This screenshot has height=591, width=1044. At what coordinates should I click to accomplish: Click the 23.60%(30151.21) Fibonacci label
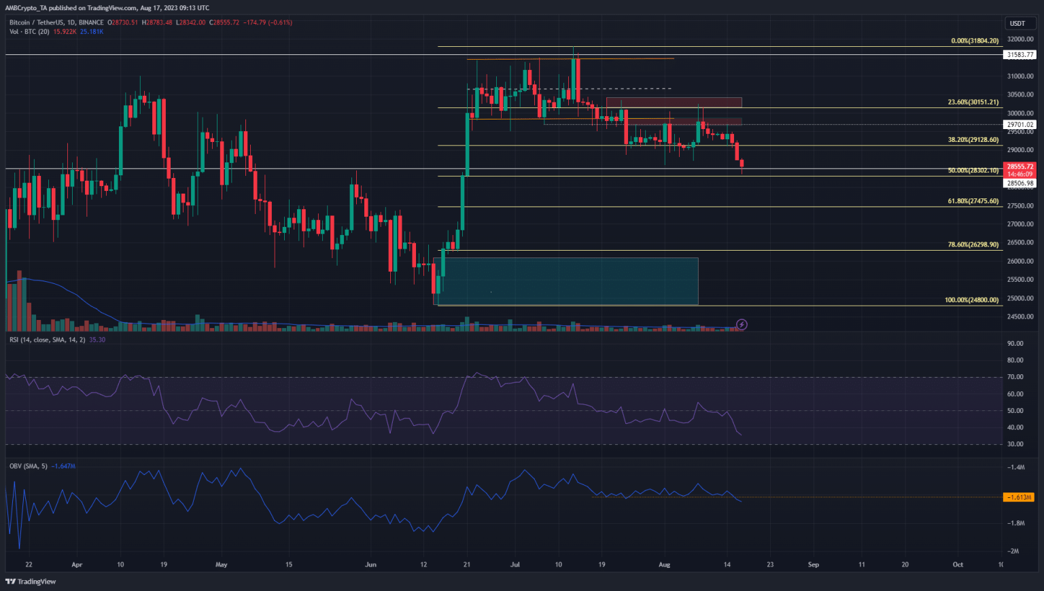coord(973,103)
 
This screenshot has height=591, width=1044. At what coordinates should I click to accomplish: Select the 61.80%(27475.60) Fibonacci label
coord(973,201)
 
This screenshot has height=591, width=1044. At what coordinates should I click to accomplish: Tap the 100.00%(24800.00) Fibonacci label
coord(971,300)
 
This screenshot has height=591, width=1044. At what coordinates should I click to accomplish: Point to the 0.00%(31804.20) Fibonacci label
coord(975,41)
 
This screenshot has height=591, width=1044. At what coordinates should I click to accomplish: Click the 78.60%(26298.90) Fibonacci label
coord(973,245)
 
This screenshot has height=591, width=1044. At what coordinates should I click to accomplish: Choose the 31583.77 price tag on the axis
coord(1020,54)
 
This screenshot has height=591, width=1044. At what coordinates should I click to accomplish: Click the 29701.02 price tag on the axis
coord(1020,124)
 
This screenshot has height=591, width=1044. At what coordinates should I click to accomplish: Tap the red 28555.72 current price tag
coord(1020,166)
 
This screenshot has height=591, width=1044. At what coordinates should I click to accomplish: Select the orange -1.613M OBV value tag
coord(1019,497)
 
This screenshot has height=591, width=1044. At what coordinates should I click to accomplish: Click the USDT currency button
coord(1017,23)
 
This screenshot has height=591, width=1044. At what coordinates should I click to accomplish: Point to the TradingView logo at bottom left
coord(31,581)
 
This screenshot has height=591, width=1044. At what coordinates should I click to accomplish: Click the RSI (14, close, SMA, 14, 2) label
coord(48,340)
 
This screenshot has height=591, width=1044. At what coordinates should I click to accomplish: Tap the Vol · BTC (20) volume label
coord(29,31)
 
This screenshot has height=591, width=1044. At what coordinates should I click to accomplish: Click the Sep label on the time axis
coord(813,565)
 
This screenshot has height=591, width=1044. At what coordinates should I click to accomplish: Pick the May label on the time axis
coord(221,565)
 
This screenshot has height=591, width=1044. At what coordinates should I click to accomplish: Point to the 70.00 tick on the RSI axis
coord(1015,377)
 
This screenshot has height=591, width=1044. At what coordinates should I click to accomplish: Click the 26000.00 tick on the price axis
coord(1020,262)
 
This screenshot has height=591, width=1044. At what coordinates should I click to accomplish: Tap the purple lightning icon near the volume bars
coord(742,325)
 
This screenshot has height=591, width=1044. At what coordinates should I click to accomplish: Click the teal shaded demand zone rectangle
coord(565,281)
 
